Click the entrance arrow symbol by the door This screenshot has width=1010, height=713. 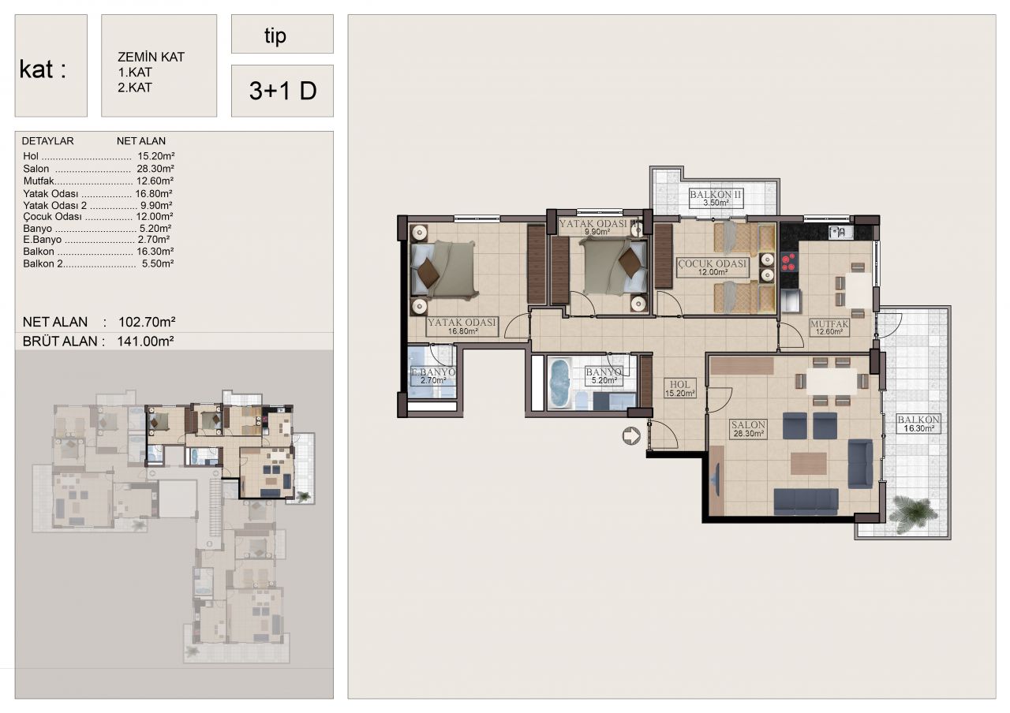[630, 436]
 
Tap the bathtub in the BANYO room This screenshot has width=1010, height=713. [559, 383]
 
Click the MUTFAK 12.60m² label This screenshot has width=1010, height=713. [829, 327]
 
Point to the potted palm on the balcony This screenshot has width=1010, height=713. [913, 513]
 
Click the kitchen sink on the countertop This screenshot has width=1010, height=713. [840, 233]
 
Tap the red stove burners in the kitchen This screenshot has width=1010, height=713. [788, 263]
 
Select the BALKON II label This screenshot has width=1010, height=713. [716, 198]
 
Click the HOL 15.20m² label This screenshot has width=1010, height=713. [680, 389]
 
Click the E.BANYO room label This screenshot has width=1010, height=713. [433, 376]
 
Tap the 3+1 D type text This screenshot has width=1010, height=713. [282, 91]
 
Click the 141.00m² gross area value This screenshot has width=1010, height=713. [146, 342]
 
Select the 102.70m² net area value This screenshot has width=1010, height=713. [147, 322]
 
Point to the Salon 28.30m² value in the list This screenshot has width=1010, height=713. [155, 169]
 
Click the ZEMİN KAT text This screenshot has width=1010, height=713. [151, 58]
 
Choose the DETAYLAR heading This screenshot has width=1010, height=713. [48, 141]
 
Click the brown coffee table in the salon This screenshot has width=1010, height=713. [809, 463]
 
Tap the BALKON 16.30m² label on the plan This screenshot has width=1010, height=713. [918, 424]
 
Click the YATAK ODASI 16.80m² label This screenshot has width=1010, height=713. [462, 327]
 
